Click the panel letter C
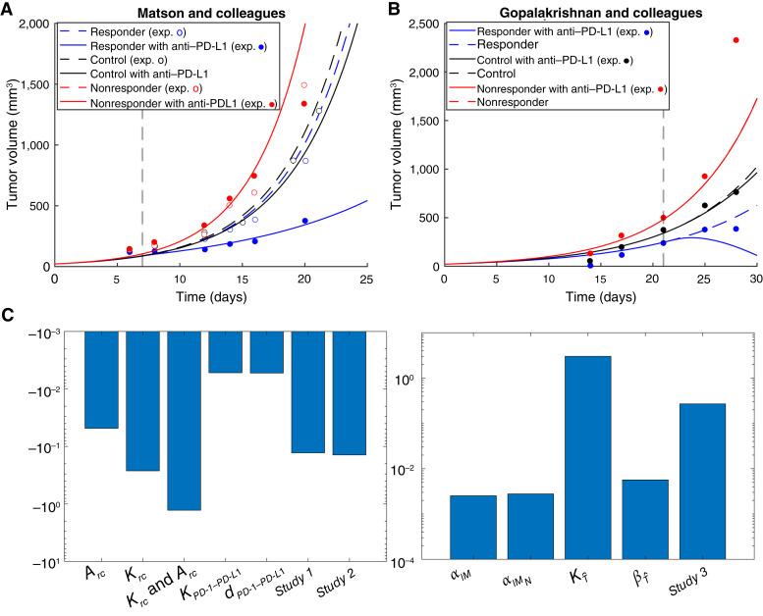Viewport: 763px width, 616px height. [9, 316]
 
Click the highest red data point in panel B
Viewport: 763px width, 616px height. [736, 40]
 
